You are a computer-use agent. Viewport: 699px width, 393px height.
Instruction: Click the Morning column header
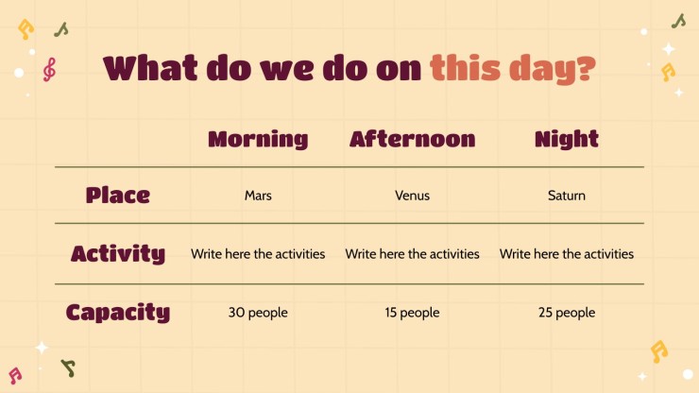258,139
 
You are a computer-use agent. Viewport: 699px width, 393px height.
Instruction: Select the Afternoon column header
413,139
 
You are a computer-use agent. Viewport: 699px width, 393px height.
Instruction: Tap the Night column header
567,139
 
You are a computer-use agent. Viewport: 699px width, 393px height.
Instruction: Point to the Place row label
118,195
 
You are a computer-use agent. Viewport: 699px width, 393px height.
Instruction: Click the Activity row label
118,253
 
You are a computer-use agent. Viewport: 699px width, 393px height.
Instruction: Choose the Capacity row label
118,312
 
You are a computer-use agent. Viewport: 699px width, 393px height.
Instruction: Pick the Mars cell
258,196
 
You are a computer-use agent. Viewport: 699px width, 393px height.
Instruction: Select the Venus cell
413,196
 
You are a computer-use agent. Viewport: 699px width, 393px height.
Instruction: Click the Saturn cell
567,196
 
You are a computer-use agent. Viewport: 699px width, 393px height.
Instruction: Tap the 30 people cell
258,313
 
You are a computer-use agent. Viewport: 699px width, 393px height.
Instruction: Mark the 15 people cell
413,313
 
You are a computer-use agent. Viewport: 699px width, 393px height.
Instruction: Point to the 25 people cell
567,313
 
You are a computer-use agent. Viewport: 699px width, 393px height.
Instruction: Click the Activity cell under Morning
258,254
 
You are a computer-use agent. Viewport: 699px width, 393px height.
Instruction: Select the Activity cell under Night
567,254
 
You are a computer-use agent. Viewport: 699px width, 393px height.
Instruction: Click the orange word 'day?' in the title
552,70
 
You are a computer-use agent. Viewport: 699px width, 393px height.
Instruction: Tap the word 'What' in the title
150,68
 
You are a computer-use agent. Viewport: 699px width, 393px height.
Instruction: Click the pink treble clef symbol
49,70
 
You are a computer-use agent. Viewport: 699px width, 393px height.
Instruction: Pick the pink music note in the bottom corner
15,376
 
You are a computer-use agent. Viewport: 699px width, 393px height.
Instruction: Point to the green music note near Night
678,21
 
